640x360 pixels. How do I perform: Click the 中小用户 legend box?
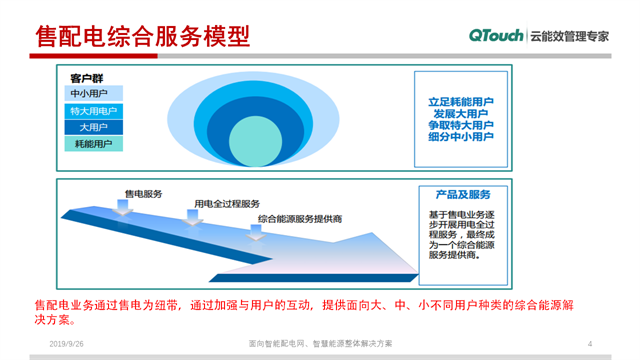click(93, 94)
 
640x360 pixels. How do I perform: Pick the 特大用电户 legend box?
click(93, 111)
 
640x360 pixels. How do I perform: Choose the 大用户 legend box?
click(93, 127)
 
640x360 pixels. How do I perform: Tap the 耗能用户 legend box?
click(93, 144)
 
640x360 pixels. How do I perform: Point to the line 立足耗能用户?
click(461, 102)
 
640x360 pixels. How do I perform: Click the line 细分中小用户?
click(461, 137)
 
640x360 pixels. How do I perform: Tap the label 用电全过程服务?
click(227, 203)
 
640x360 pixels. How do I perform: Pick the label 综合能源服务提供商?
click(300, 218)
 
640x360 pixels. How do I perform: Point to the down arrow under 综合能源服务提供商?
click(257, 231)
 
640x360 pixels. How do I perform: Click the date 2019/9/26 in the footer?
click(68, 343)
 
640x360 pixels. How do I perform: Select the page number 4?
click(590, 343)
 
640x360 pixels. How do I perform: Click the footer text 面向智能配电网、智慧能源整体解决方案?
click(320, 343)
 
